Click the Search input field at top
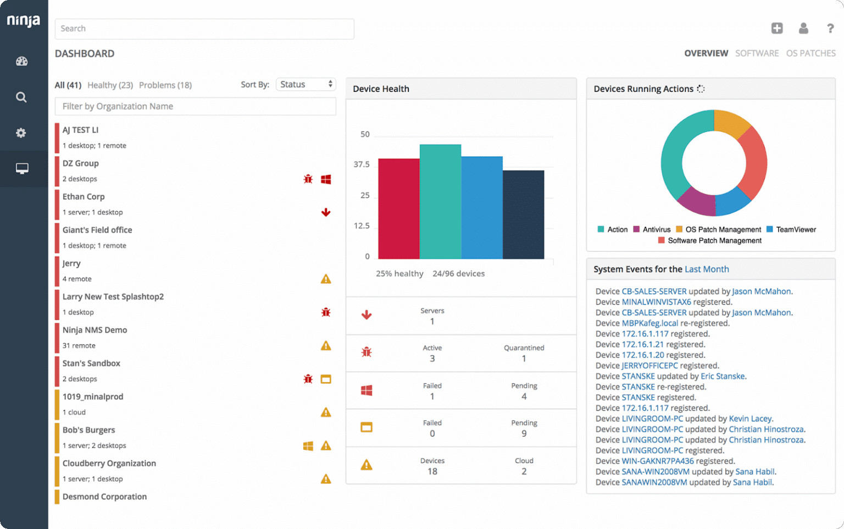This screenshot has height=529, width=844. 204,29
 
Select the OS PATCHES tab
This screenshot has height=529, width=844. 810,53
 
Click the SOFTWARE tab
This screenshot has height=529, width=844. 757,53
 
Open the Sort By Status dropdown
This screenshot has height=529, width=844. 306,84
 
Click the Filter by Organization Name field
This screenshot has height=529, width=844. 195,106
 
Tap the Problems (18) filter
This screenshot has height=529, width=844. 165,85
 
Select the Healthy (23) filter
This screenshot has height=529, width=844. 110,85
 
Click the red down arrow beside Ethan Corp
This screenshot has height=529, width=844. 326,212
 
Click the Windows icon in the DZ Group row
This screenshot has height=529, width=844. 326,179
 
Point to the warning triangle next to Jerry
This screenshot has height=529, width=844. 326,279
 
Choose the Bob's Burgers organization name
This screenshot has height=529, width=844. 88,430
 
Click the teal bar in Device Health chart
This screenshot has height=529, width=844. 440,201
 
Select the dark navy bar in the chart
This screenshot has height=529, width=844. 523,214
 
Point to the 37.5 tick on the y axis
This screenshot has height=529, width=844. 361,164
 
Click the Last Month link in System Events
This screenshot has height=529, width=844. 707,269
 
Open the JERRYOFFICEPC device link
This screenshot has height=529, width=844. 649,366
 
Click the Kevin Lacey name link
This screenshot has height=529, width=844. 750,418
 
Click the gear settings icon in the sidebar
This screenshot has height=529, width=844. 21,133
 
